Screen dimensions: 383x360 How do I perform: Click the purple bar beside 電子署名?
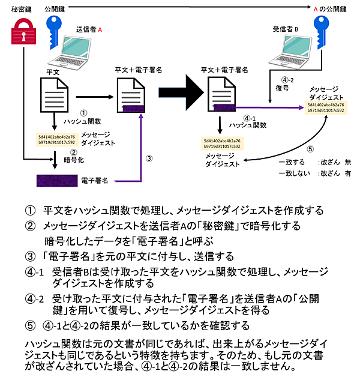(54, 180)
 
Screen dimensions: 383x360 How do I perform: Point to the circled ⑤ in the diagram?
(310, 149)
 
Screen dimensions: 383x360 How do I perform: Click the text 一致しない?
(296, 173)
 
